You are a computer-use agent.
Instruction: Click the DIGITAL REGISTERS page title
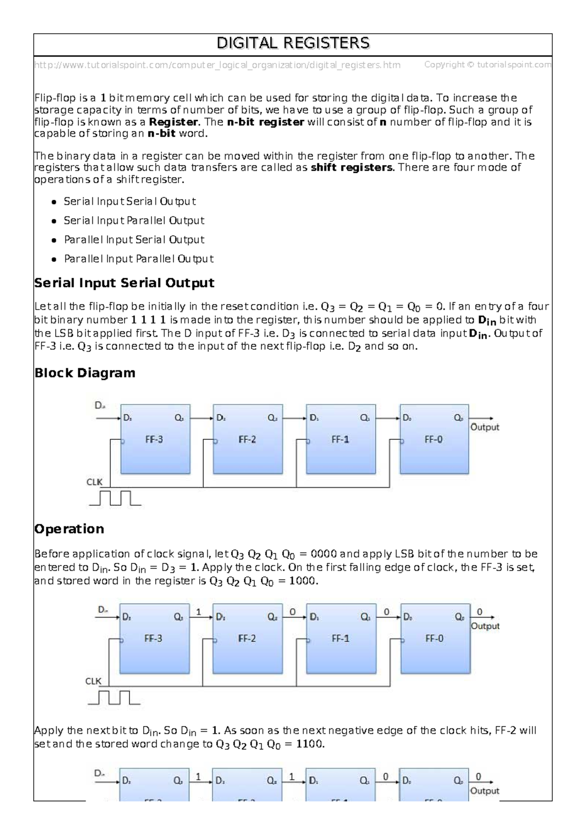pyautogui.click(x=293, y=43)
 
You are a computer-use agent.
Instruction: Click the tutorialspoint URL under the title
pyautogui.click(x=217, y=65)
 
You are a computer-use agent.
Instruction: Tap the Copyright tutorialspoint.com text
pyautogui.click(x=487, y=64)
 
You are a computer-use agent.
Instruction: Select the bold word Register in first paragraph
pyautogui.click(x=173, y=122)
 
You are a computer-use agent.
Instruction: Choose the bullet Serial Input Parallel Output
pyautogui.click(x=134, y=221)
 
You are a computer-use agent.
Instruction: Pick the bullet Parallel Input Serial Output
pyautogui.click(x=134, y=240)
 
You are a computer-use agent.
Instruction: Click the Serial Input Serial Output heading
pyautogui.click(x=124, y=283)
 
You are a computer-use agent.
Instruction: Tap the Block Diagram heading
pyautogui.click(x=84, y=373)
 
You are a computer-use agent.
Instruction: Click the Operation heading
pyautogui.click(x=69, y=529)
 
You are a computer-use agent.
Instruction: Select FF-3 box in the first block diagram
pyautogui.click(x=155, y=439)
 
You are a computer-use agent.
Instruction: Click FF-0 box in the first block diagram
pyautogui.click(x=434, y=439)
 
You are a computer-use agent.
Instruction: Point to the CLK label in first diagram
pyautogui.click(x=94, y=482)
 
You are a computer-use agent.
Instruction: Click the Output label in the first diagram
pyautogui.click(x=484, y=427)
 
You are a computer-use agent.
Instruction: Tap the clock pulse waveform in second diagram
pyautogui.click(x=114, y=697)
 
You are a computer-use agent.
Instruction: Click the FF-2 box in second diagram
pyautogui.click(x=247, y=639)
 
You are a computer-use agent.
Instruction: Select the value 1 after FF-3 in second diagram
pyautogui.click(x=198, y=612)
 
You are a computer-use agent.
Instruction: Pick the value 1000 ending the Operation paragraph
pyautogui.click(x=303, y=581)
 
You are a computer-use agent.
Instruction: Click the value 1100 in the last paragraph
pyautogui.click(x=310, y=744)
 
